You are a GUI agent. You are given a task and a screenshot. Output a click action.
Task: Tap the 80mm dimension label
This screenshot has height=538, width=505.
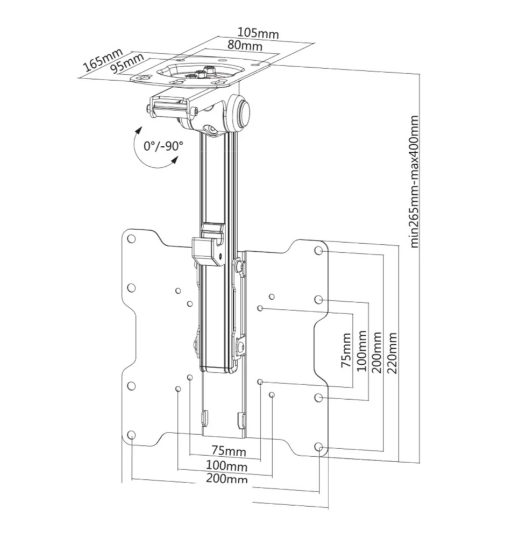[x=244, y=46]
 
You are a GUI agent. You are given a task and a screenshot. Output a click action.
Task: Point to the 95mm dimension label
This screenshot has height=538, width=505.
[x=127, y=63]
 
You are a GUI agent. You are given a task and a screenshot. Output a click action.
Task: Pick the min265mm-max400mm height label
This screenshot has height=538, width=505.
[x=415, y=180]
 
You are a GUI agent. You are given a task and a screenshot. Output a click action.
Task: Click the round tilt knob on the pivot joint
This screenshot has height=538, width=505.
[x=241, y=111]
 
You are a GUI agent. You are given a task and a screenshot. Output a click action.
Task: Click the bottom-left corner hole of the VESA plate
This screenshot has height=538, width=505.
[x=132, y=435]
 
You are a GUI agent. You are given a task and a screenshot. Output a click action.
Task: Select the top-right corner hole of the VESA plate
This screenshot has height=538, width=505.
[x=319, y=251]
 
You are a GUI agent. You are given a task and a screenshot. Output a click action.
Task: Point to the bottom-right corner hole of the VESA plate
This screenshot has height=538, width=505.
[x=319, y=447]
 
